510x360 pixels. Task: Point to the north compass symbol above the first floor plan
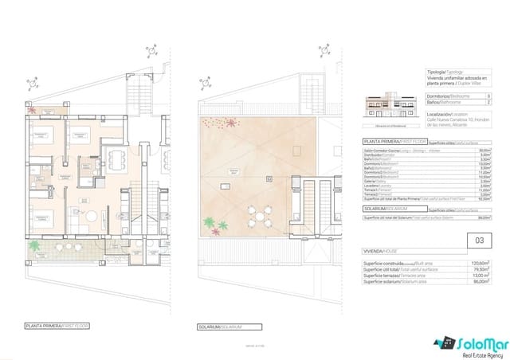point(32,81)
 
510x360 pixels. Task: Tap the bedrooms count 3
point(476,96)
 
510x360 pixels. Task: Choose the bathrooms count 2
point(476,103)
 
